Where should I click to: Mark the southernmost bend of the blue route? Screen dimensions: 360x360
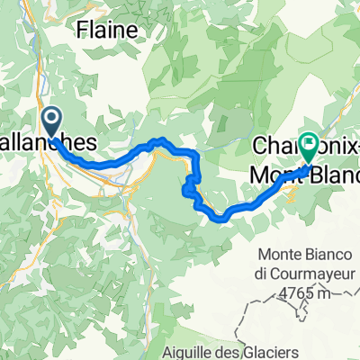(219, 217)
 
